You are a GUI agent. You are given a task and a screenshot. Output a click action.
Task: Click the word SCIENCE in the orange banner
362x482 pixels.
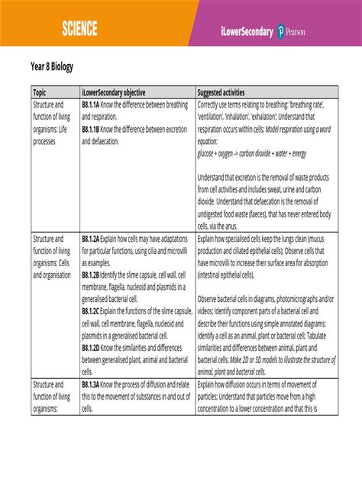click(80, 29)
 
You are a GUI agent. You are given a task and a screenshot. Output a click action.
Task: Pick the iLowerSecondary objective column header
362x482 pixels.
click(114, 92)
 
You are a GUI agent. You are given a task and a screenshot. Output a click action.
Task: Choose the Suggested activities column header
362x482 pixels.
click(227, 92)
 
